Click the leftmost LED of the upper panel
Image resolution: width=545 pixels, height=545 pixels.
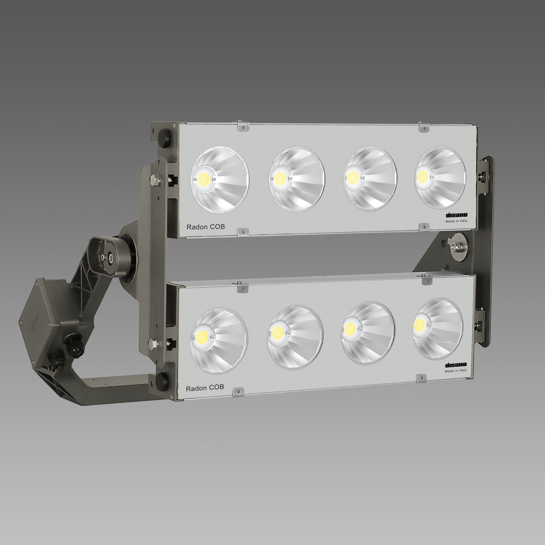pos(204,178)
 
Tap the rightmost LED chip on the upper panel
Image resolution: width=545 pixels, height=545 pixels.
pos(422,177)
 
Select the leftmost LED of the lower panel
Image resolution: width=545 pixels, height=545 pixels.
pos(203,336)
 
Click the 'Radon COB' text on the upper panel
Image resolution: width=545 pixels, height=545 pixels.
pos(206,227)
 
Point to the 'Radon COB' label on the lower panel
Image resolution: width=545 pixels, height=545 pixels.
pos(205,388)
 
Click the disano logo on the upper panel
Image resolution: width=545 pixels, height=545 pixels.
pos(456,215)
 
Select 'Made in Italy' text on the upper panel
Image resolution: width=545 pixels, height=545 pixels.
pos(456,221)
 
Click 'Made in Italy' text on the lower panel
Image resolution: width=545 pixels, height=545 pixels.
pos(455,371)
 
